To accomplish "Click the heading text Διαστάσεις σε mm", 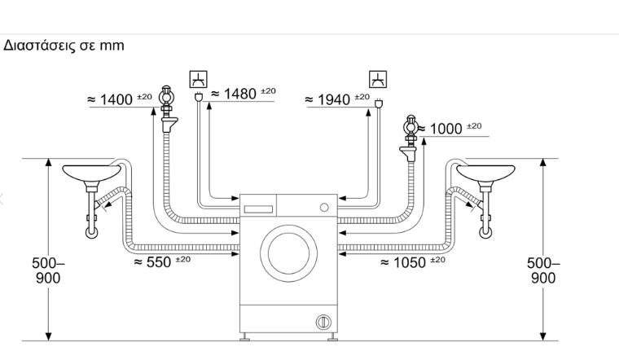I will [64, 46].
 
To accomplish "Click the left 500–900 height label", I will [46, 270].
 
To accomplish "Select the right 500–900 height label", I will [542, 270].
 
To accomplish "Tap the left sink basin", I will [93, 173].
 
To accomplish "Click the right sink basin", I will [485, 173].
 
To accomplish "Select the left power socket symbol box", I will [198, 79].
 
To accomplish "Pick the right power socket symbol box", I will [378, 79].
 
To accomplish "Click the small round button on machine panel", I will [323, 207].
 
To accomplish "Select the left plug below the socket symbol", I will [198, 99].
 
